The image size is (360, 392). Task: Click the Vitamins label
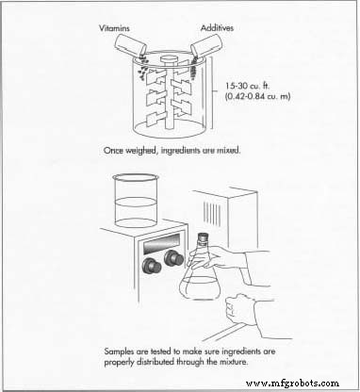[x=114, y=28]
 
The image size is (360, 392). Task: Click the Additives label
[x=217, y=28]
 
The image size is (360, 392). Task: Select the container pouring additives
[x=207, y=45]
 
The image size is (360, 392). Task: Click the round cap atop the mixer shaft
[x=170, y=58]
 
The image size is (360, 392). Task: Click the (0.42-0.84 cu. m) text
[x=257, y=96]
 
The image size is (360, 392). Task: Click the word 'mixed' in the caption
[x=228, y=151]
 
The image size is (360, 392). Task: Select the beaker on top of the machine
[x=136, y=201]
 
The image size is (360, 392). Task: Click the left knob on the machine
[x=152, y=265]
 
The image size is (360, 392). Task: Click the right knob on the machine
[x=173, y=257]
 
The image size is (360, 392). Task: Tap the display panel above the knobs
[x=161, y=243]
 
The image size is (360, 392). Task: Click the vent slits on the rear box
[x=212, y=213]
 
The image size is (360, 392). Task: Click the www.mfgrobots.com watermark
[x=292, y=384]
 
